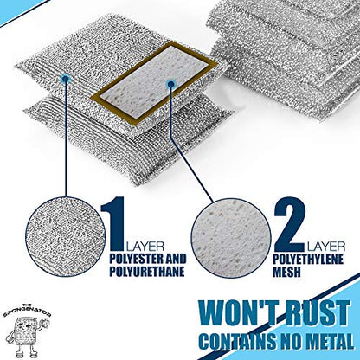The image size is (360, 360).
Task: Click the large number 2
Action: pyautogui.click(x=289, y=224)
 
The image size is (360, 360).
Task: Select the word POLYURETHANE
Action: pyautogui.click(x=146, y=272)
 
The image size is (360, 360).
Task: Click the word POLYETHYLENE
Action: pyautogui.click(x=308, y=260)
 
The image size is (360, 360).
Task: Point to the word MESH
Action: pyautogui.click(x=287, y=272)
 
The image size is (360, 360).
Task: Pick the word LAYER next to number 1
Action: pyautogui.click(x=145, y=247)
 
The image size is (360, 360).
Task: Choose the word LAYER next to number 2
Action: pyautogui.click(x=326, y=247)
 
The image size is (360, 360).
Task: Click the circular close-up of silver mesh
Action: pyautogui.click(x=65, y=237)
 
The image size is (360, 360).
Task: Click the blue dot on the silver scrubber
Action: pyautogui.click(x=66, y=78)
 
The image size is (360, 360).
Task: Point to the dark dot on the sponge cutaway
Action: pyautogui.click(x=170, y=84)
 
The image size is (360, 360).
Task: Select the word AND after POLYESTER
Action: pyautogui.click(x=174, y=259)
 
